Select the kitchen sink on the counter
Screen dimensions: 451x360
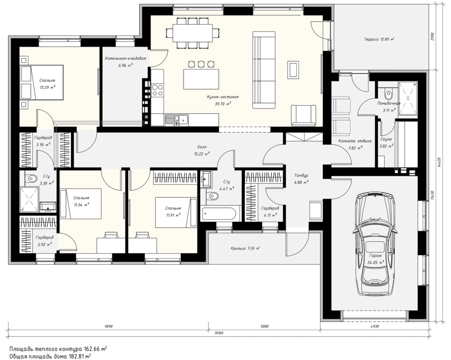pos(177,119)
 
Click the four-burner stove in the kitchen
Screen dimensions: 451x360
pos(157,89)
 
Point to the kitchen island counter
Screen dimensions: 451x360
pos(201,79)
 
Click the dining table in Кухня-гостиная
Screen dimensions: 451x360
pos(193,33)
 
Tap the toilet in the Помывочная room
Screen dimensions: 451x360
pos(389,92)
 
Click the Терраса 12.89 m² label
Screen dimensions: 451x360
pos(379,39)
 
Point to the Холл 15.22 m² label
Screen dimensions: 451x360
pos(202,151)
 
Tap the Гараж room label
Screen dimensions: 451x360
pos(376,255)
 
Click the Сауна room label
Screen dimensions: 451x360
pos(386,139)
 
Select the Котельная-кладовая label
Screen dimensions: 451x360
pos(125,58)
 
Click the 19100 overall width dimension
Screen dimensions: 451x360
pos(219,333)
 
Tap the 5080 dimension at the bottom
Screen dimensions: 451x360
pos(264,326)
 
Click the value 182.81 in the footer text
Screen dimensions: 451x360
pos(77,356)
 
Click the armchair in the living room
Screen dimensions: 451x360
pos(303,115)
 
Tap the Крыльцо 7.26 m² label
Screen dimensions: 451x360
pos(245,248)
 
